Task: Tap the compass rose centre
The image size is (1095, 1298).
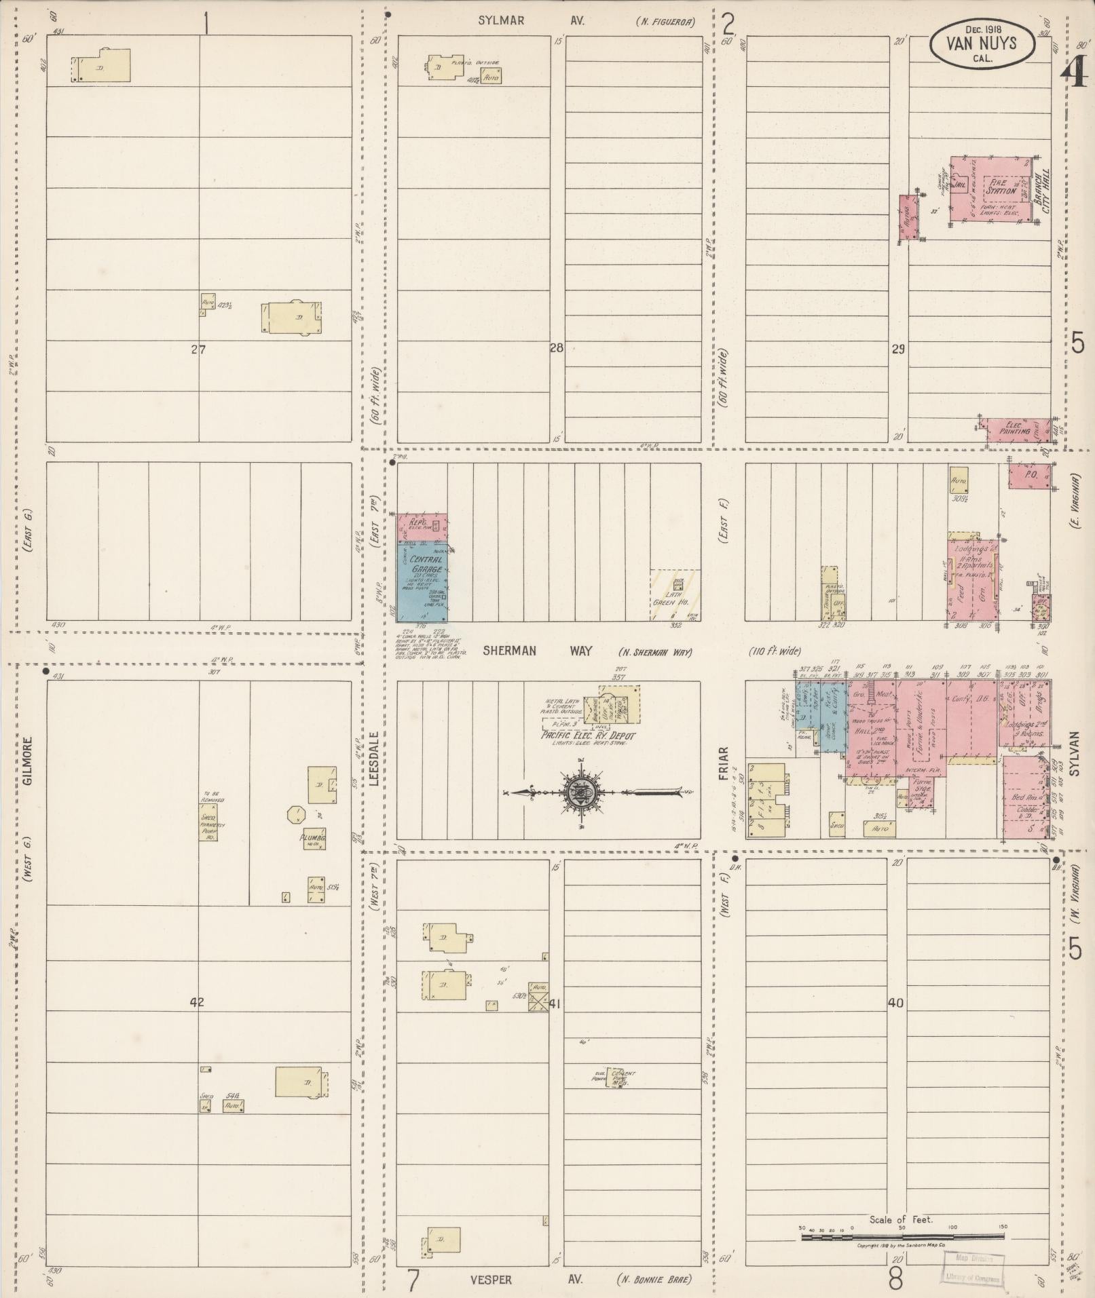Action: tap(582, 792)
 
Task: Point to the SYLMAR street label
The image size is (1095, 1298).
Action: tap(500, 21)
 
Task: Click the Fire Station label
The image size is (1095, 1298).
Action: tap(1001, 187)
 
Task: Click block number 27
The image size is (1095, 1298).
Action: tap(198, 350)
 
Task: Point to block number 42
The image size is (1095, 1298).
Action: tap(196, 1002)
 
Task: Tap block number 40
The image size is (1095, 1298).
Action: tap(896, 1003)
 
